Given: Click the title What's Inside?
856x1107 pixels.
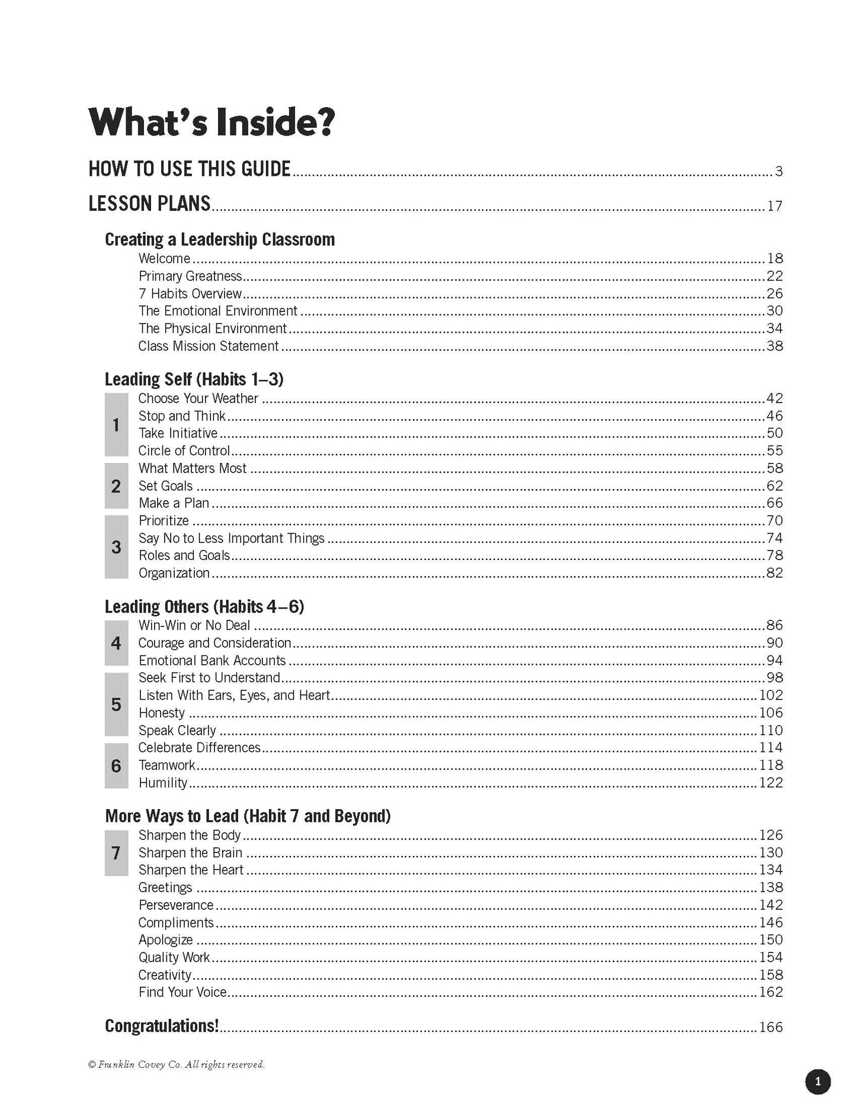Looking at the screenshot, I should tap(211, 122).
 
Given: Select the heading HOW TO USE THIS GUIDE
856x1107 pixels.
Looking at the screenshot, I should tap(190, 169).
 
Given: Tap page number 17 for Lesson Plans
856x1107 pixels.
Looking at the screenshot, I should tap(774, 206).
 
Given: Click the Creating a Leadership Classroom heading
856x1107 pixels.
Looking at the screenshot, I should tap(220, 239).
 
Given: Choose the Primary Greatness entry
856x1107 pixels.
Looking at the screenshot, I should tap(190, 276).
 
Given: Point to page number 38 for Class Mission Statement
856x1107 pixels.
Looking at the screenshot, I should tap(774, 346).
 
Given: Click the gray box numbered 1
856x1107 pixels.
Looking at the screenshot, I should tap(116, 424).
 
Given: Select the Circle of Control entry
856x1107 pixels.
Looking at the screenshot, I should tap(184, 450).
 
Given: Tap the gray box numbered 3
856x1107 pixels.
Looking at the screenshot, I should tap(116, 546).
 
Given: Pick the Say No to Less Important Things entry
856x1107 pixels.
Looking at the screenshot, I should tap(231, 538).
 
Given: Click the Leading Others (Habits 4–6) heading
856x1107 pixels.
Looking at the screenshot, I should tap(204, 607).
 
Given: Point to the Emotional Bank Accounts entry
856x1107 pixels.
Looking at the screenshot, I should tap(212, 660).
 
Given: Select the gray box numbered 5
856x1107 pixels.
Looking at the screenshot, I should tap(116, 704).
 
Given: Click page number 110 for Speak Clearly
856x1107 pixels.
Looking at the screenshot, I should tap(771, 730).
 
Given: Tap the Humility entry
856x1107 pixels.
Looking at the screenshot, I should tap(163, 783).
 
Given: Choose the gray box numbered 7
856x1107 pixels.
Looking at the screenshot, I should tap(116, 852).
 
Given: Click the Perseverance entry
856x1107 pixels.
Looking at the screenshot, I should tap(176, 905).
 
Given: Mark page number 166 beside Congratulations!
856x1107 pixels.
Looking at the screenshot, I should tap(771, 1027).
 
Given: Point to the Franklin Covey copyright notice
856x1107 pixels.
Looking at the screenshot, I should tap(176, 1064).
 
